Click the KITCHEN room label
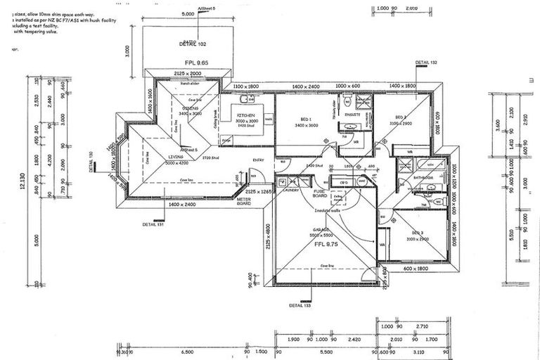[x=245, y=115]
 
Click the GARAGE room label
[x=323, y=229]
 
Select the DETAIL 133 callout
[x=300, y=305]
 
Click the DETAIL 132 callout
[x=426, y=63]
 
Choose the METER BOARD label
[x=243, y=202]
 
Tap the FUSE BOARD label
[x=320, y=193]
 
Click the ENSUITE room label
[x=352, y=114]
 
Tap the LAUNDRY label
[x=290, y=190]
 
